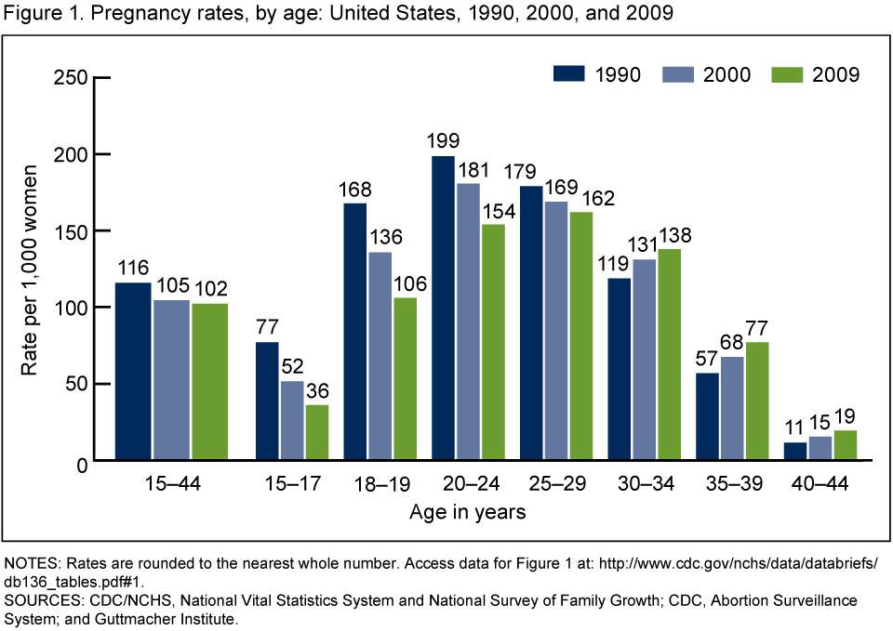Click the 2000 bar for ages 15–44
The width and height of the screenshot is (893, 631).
(171, 380)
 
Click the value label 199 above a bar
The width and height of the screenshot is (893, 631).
(444, 143)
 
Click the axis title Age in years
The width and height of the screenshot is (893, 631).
(467, 512)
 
